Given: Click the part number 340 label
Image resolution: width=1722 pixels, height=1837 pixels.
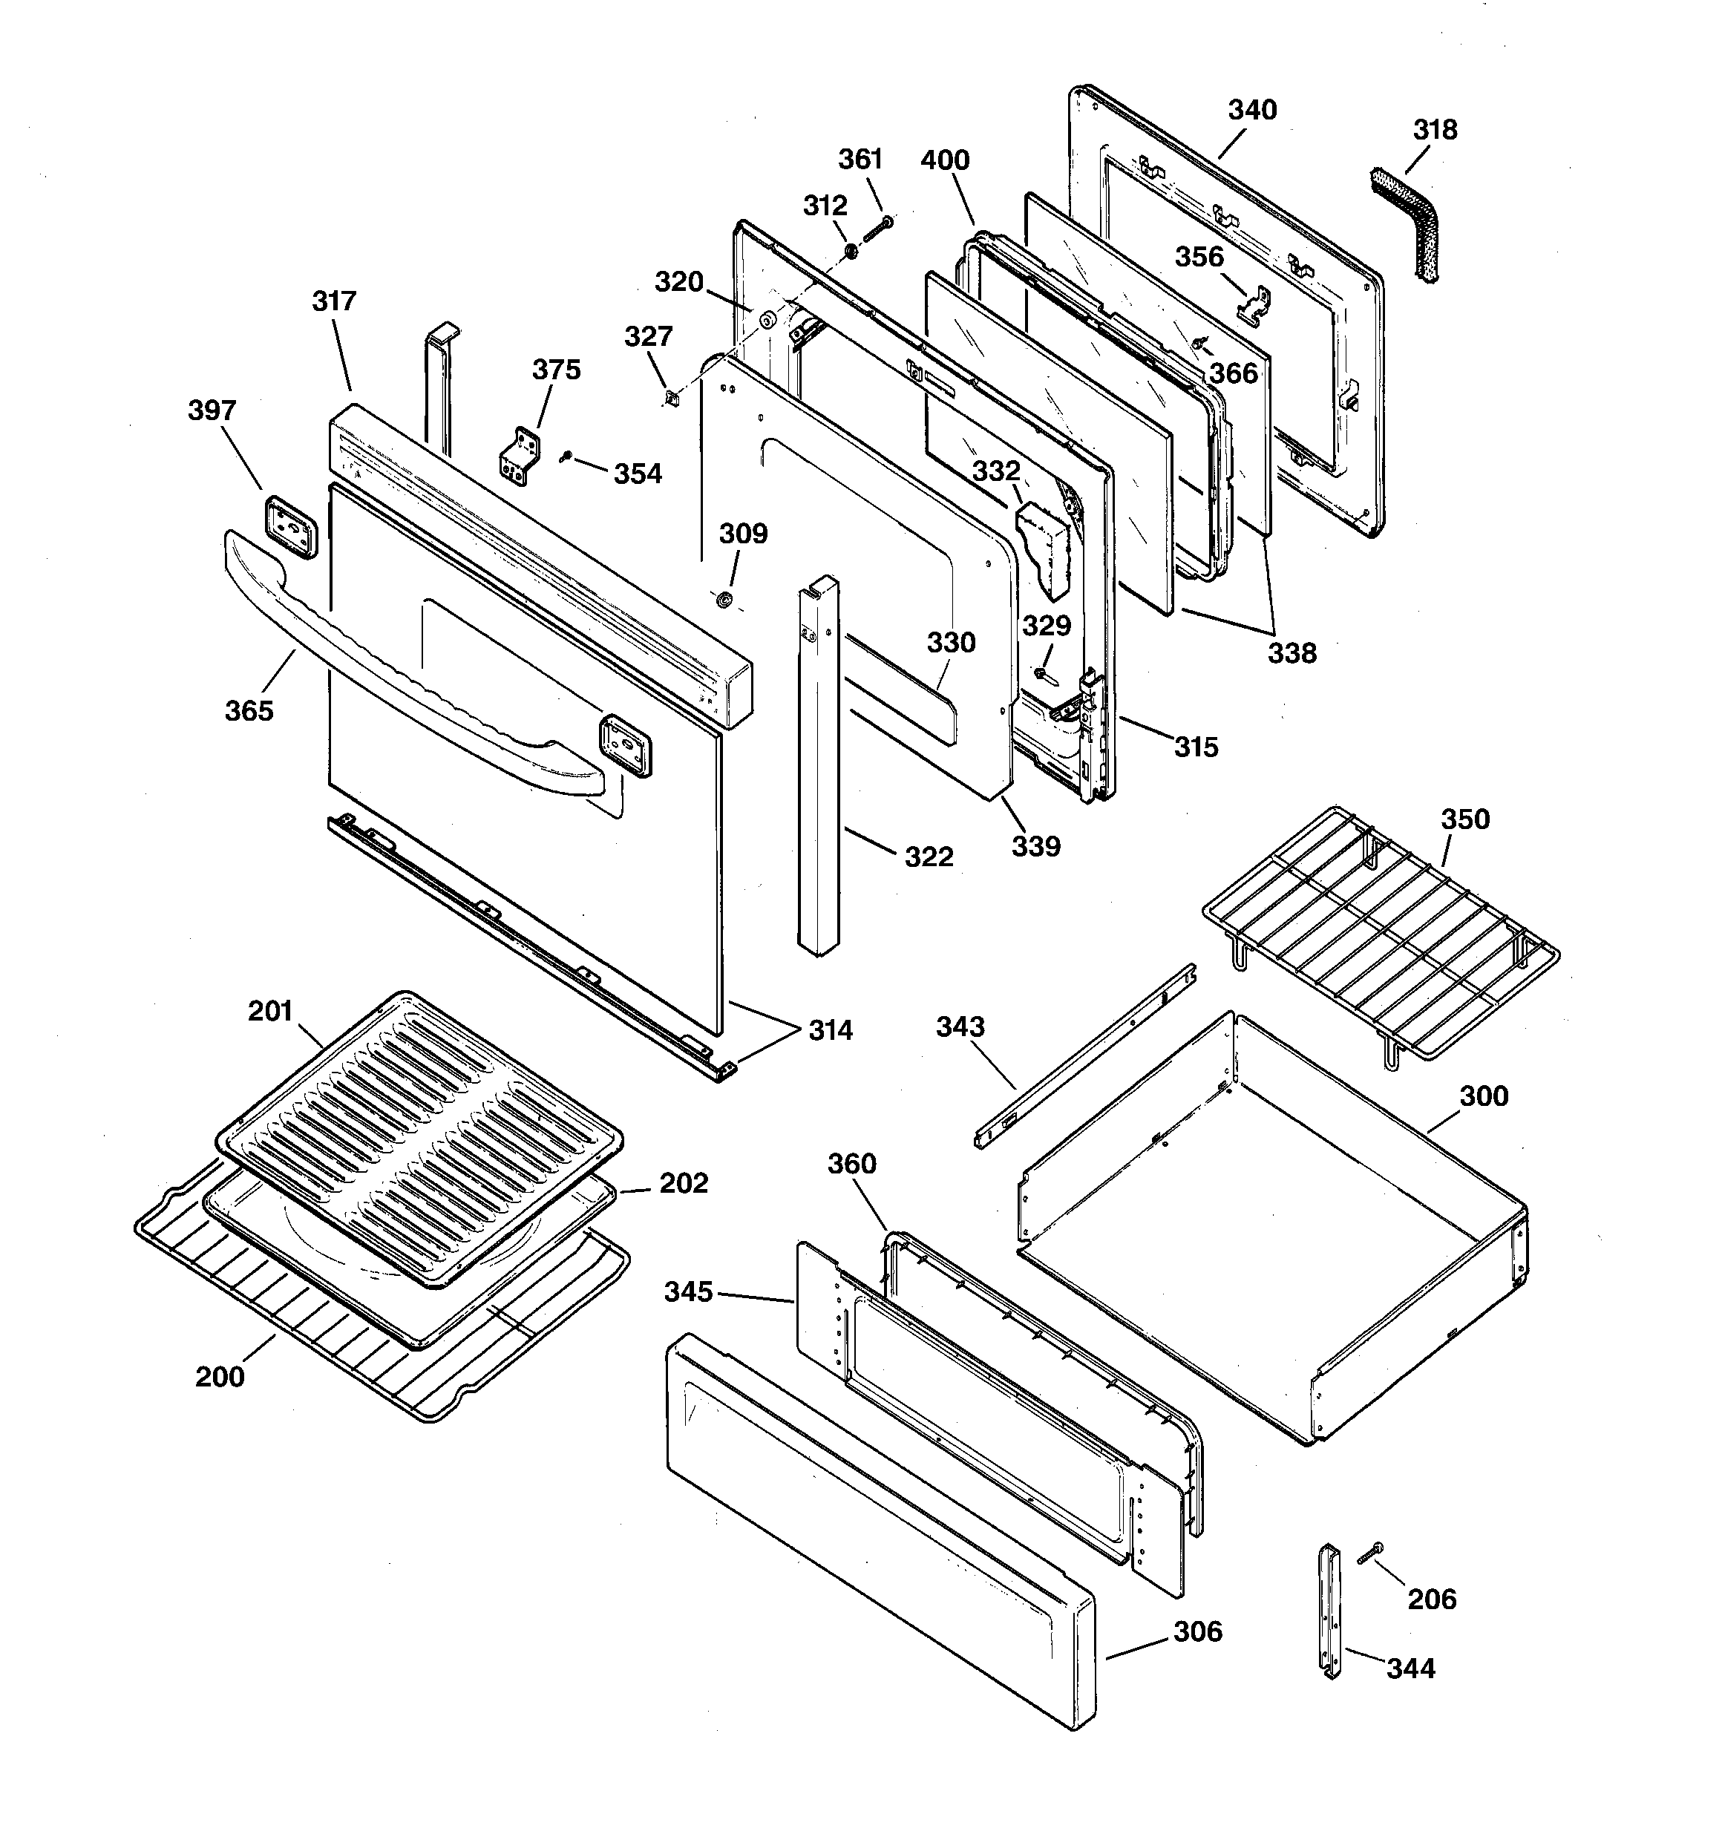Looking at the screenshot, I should [x=1251, y=110].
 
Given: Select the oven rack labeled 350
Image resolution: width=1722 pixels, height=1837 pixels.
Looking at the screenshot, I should [x=1380, y=935].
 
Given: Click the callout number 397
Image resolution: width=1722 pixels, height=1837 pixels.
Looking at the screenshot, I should [x=212, y=410].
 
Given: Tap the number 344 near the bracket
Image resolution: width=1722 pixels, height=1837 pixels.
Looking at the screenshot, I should [x=1410, y=1668].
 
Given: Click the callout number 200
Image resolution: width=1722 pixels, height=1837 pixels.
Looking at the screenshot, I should [x=220, y=1377].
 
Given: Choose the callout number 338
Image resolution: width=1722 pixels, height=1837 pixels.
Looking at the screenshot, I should [x=1291, y=653].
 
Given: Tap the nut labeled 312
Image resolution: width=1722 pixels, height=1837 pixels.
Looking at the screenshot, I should [x=851, y=252].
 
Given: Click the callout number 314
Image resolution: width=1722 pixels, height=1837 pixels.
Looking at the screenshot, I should [x=830, y=1030].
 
